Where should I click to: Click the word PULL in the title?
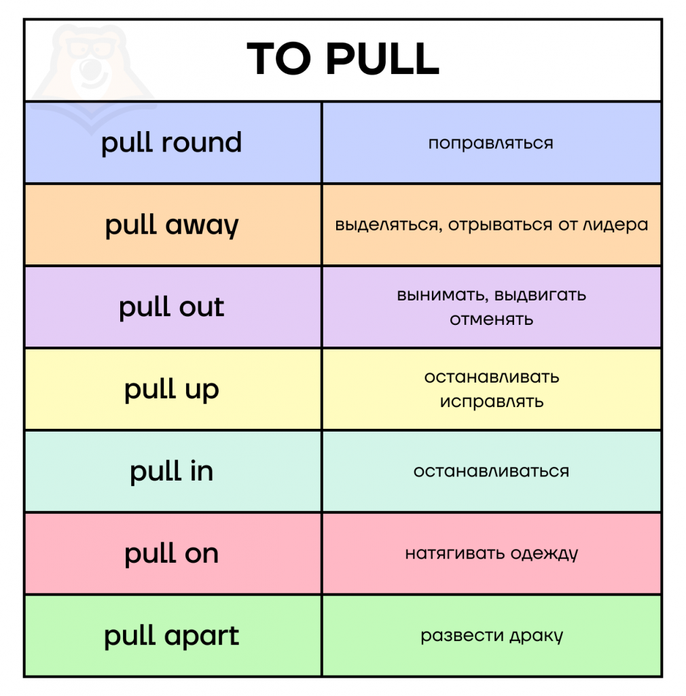pyautogui.click(x=382, y=58)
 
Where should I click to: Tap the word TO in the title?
pyautogui.click(x=279, y=58)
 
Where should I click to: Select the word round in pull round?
pyautogui.click(x=201, y=143)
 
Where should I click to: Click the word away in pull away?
pyautogui.click(x=202, y=226)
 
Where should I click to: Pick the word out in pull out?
pyautogui.click(x=202, y=307)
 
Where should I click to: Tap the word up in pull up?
pyautogui.click(x=202, y=391)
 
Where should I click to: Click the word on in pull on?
pyautogui.click(x=202, y=554)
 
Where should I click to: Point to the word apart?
pyautogui.click(x=202, y=636)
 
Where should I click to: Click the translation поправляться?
pyautogui.click(x=491, y=143)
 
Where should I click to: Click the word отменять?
pyautogui.click(x=491, y=319)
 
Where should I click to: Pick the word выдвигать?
pyautogui.click(x=540, y=295)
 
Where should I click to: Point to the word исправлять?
pyautogui.click(x=491, y=402)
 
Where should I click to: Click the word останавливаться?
pyautogui.click(x=491, y=471)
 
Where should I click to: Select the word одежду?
pyautogui.click(x=544, y=553)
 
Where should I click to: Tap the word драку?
pyautogui.click(x=536, y=636)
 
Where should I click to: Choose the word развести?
pyautogui.click(x=462, y=636)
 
